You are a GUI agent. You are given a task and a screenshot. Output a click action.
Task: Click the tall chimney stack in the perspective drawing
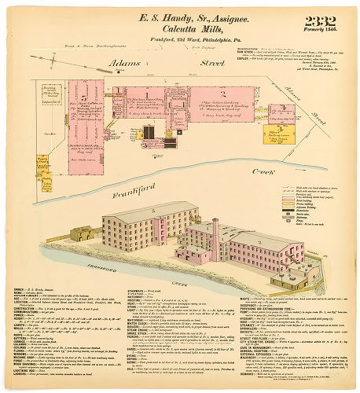pyautogui.click(x=215, y=233)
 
